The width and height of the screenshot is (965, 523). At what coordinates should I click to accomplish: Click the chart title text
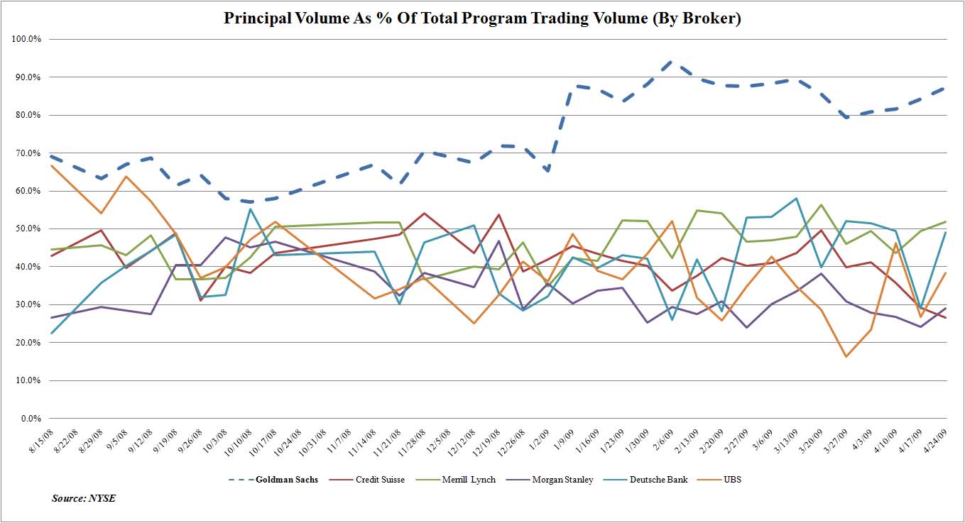point(482,18)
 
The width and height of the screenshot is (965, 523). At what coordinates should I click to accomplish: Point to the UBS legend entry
point(732,480)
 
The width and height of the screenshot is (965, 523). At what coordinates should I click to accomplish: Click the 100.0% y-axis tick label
point(27,38)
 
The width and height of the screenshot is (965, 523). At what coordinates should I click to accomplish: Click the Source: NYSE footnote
point(84,498)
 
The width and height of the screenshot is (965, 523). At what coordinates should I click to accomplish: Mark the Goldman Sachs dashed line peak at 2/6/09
point(670,62)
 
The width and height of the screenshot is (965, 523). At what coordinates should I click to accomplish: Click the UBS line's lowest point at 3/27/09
point(846,356)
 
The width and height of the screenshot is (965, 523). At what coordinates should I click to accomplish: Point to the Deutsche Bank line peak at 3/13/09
point(796,198)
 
